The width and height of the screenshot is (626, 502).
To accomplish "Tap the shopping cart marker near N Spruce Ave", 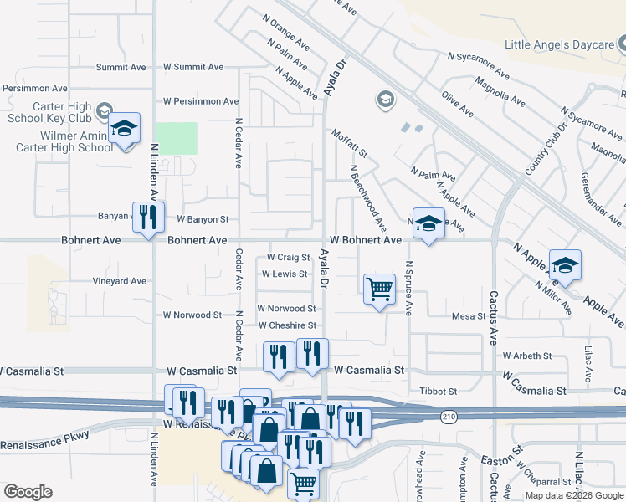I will pos(379,289).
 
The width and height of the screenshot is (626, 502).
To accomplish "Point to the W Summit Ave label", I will pos(193,67).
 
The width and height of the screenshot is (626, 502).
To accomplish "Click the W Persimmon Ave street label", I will pos(201,101).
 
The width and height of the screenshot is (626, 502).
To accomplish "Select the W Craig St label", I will pos(288,258).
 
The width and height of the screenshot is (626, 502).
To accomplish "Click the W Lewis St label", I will pos(285,274).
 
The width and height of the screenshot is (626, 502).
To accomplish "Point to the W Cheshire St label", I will pos(287,325).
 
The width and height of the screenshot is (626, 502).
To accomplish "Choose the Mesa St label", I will pos(469,316).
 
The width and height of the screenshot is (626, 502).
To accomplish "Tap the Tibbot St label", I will pos(439,391).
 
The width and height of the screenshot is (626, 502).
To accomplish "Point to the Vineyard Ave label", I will pos(120,282).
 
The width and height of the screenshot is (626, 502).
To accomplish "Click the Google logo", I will pos(28,492).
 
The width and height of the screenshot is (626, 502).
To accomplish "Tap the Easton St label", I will pos(500,458).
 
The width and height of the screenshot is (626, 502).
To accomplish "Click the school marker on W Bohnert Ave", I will pos(428,223).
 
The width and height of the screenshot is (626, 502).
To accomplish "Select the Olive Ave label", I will pos(458,105).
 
